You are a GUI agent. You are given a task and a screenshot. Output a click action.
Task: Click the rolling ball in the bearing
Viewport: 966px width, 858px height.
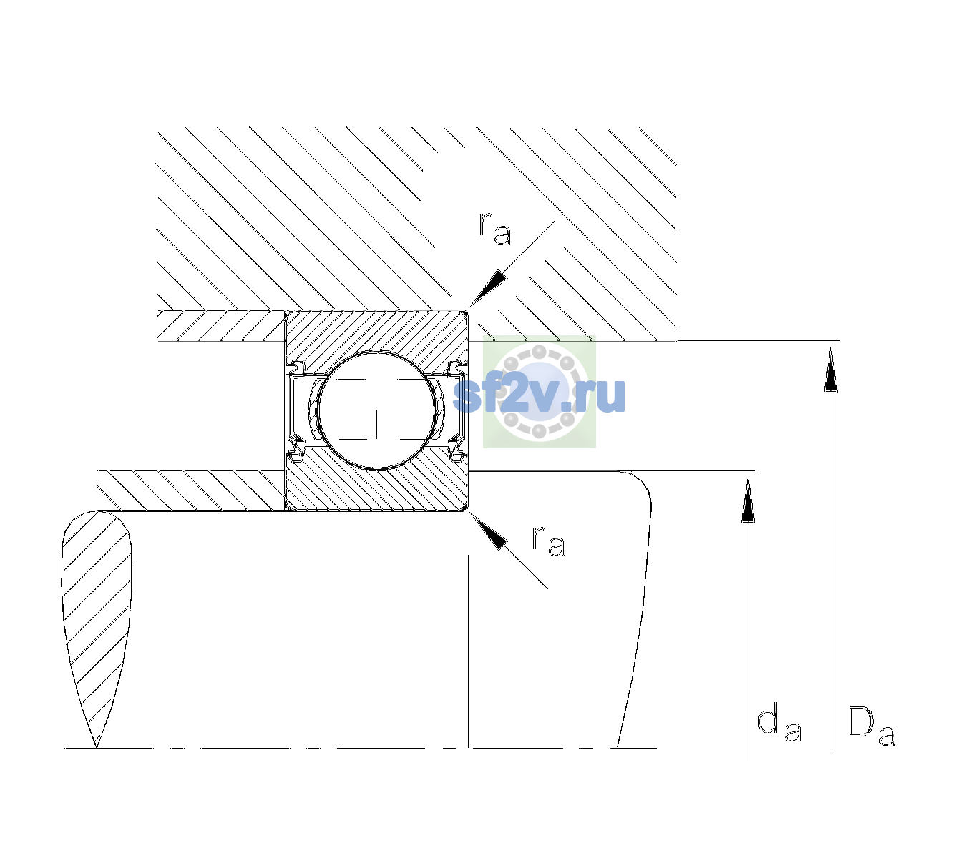tap(376, 410)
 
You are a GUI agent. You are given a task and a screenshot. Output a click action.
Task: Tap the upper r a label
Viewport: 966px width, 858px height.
tap(495, 228)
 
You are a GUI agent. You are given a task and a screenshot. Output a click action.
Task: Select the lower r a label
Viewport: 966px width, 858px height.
tap(548, 541)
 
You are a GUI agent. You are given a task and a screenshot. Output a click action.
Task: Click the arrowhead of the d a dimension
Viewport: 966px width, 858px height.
tap(748, 498)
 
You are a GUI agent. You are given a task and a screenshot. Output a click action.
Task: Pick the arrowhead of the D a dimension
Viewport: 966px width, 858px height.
tap(831, 369)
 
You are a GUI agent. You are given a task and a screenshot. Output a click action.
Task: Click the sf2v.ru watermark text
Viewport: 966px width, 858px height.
tap(539, 395)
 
